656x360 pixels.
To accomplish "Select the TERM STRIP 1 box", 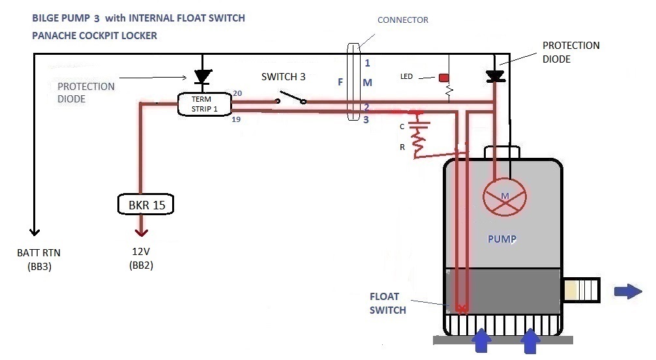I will click(x=204, y=104).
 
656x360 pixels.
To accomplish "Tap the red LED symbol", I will click(x=445, y=78).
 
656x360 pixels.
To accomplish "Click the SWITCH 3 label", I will click(x=283, y=76).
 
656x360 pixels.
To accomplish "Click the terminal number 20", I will click(x=237, y=93).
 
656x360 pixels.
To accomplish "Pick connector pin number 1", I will click(x=367, y=63).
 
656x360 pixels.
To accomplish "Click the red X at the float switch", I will click(x=463, y=308).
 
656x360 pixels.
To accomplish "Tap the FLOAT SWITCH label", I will click(x=387, y=304).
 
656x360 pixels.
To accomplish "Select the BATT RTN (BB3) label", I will click(x=34, y=260).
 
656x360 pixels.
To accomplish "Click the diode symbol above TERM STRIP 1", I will click(x=203, y=76).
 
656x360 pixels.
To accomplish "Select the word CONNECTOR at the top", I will click(x=403, y=20).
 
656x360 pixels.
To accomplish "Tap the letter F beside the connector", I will click(x=340, y=82).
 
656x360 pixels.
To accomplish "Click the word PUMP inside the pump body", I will click(x=502, y=239).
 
